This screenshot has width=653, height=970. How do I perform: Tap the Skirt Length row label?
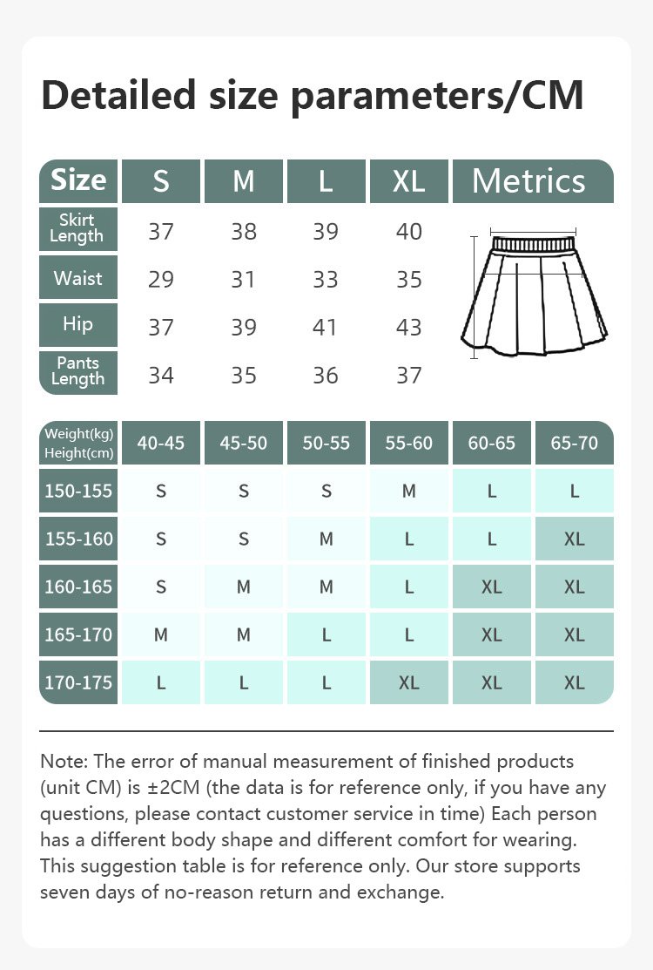coord(77,228)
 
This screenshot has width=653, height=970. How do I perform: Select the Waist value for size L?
coord(326,280)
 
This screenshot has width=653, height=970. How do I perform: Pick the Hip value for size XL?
coord(408,328)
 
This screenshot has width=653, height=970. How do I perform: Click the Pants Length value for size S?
coord(161,376)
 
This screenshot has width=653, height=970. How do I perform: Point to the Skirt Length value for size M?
coord(244,232)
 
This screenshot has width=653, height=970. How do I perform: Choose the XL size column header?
coord(408,181)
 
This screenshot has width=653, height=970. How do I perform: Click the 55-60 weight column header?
coord(408,443)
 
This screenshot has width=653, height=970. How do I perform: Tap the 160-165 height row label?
coord(78,587)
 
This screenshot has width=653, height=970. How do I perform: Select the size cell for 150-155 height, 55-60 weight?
coord(408,491)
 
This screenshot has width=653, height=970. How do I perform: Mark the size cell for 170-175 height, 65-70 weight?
coord(574,682)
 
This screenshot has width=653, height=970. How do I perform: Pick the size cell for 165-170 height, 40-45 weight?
coord(161,634)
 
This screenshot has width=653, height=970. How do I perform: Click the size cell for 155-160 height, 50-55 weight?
coord(326,539)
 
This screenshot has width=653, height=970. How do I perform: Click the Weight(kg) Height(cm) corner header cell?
coord(78,443)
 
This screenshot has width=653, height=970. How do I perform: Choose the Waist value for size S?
coord(161,280)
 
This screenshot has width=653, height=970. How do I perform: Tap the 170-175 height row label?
coord(78,682)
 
